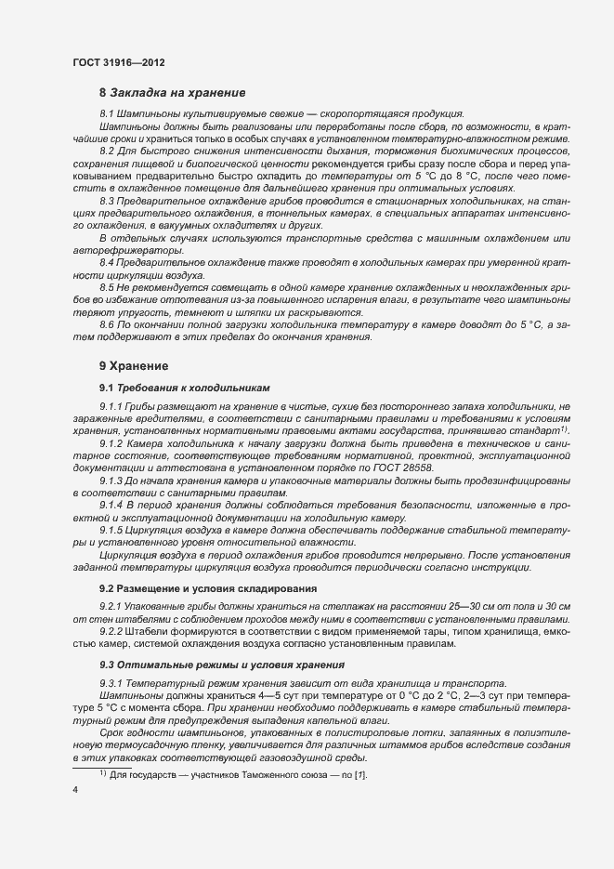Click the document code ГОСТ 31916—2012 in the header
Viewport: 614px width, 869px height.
tap(120, 62)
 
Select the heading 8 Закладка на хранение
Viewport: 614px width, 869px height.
tap(172, 93)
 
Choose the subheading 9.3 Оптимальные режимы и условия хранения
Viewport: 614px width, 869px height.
tap(208, 665)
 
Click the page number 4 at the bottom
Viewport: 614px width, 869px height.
tap(74, 790)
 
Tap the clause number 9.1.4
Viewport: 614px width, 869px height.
tap(113, 503)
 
